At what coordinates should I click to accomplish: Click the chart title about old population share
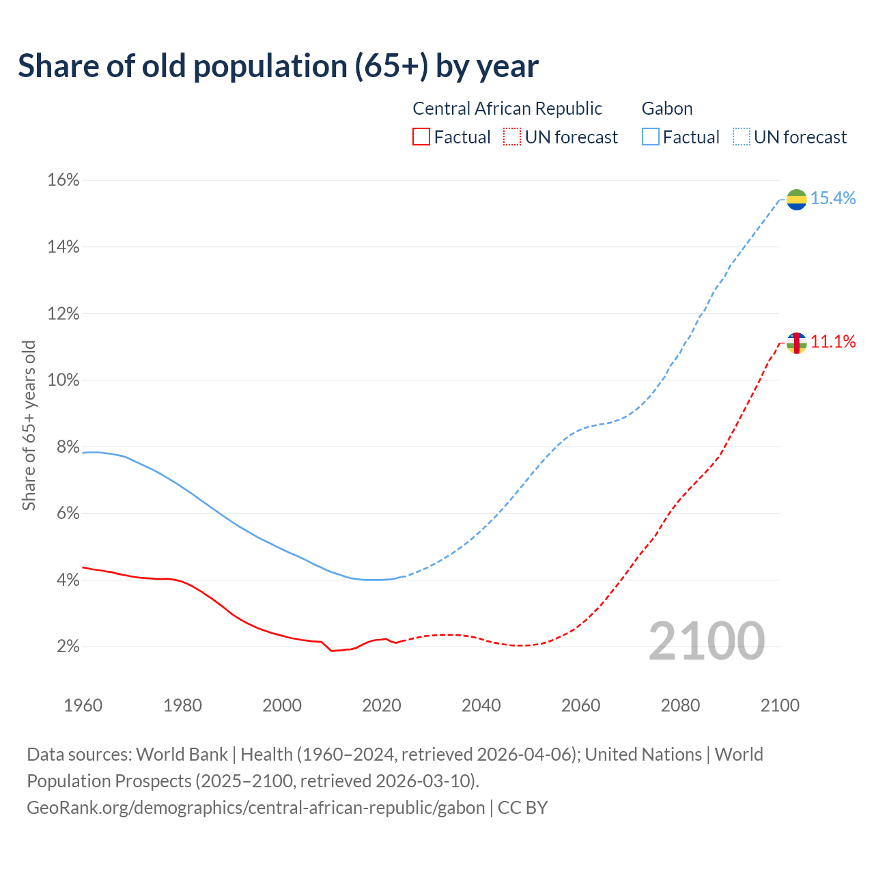tap(278, 66)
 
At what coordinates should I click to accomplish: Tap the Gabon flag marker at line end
tap(796, 199)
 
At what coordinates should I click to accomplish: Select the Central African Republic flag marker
tap(796, 343)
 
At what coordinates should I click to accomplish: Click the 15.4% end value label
tap(833, 199)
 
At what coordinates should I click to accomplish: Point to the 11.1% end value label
tap(833, 342)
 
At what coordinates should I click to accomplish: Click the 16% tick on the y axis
tap(63, 180)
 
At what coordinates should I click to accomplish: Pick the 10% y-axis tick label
tap(63, 380)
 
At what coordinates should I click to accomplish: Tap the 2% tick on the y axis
tap(67, 647)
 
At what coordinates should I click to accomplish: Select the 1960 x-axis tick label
tap(83, 705)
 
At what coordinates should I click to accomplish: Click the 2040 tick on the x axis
tap(481, 705)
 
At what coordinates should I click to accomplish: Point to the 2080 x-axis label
tap(680, 705)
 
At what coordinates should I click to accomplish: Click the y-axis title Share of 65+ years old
tap(29, 425)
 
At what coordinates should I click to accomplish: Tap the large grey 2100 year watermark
tap(706, 641)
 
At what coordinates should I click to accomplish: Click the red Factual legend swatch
tap(421, 137)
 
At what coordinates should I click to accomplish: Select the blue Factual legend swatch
tap(651, 137)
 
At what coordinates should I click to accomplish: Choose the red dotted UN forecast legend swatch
tap(512, 137)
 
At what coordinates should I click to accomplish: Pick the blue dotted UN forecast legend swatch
tap(741, 137)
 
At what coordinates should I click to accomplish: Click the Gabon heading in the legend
tap(667, 109)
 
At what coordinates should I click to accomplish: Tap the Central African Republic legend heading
tap(507, 109)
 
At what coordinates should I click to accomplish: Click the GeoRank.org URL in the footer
tap(255, 808)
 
